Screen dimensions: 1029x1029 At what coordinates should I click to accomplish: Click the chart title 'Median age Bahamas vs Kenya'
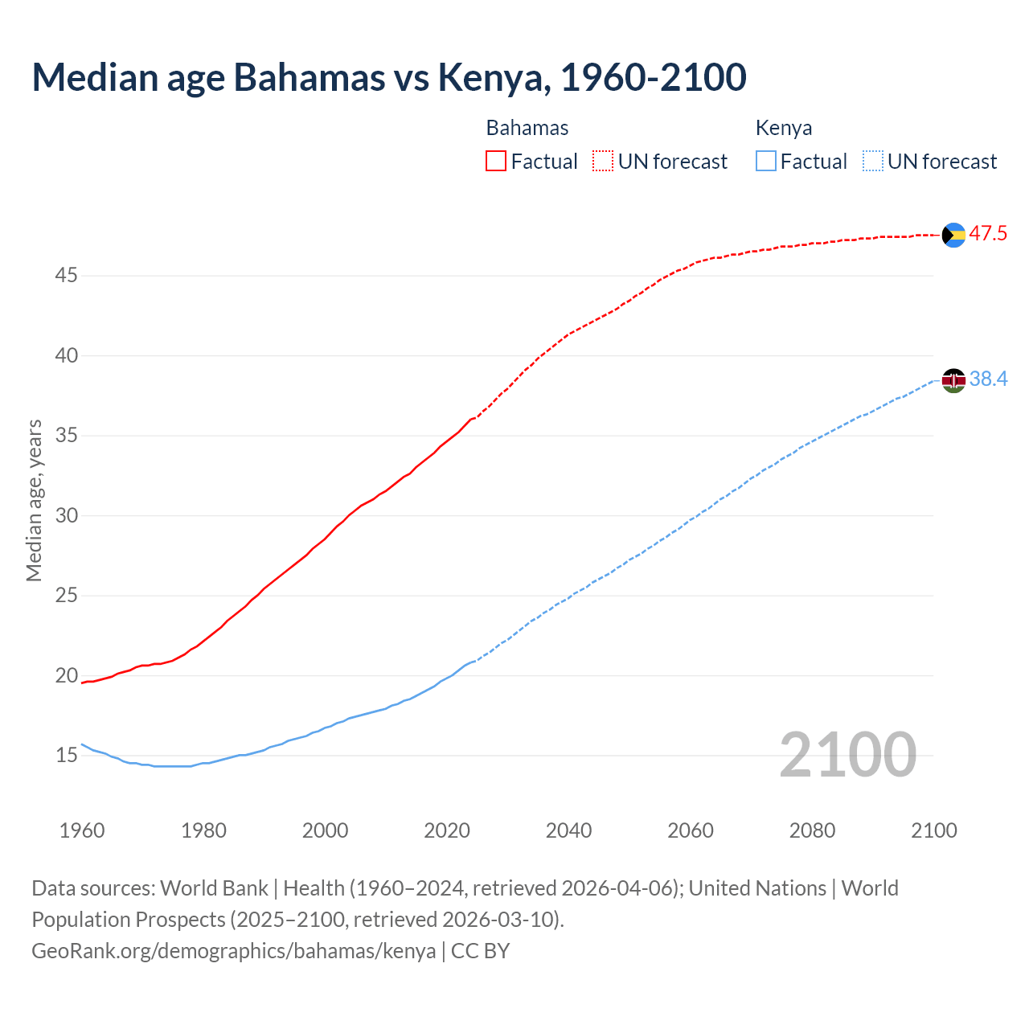389,77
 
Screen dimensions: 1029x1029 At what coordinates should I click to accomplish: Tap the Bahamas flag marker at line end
953,235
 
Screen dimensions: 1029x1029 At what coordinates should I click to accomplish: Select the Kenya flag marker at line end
953,379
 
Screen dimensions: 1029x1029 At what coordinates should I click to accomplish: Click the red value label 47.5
988,234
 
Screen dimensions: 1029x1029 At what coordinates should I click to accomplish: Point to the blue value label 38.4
988,379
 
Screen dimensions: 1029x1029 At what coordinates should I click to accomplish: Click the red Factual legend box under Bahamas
496,161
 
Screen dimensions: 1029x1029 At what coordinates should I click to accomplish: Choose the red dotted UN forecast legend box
603,161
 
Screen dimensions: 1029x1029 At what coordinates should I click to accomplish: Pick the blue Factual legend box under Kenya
766,161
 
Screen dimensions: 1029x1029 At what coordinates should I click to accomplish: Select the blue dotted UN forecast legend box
872,161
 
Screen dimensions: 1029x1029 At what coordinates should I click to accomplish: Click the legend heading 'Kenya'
784,128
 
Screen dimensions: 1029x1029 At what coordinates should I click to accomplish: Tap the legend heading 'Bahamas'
527,128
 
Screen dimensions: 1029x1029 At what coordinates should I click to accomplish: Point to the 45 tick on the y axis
66,276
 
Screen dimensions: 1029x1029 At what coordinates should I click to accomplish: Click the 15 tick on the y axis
66,756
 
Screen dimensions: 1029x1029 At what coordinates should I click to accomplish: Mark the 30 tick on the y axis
66,515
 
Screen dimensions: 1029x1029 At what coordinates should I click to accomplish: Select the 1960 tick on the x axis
82,830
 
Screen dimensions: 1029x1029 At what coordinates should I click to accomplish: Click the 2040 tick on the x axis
568,830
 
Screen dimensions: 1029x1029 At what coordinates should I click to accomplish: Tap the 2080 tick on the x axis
812,830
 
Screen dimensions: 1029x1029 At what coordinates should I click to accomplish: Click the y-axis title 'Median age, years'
34,500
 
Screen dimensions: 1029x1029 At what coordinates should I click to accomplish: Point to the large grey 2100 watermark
847,754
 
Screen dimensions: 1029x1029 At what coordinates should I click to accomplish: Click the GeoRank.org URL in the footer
233,951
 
